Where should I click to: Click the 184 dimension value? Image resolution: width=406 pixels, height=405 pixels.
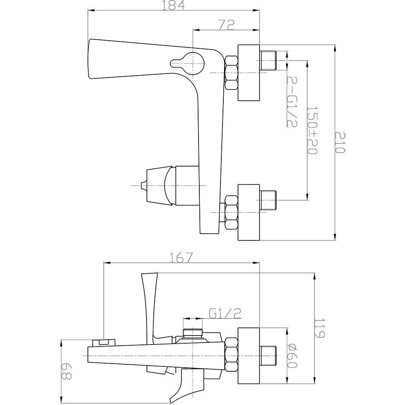click(x=173, y=5)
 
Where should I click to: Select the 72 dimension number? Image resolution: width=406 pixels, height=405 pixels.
click(x=226, y=25)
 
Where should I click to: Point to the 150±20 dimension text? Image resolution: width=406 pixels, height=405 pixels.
click(x=312, y=130)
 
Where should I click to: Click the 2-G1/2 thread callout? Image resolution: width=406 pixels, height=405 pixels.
click(x=292, y=102)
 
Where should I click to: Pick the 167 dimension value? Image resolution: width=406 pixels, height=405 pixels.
click(x=181, y=258)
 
